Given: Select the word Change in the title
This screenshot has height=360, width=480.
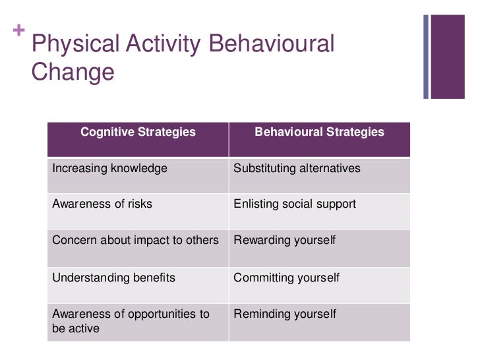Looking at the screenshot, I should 73,72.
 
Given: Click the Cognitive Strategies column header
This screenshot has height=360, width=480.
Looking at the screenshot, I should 138,132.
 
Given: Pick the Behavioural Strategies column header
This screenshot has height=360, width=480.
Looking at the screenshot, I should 319,132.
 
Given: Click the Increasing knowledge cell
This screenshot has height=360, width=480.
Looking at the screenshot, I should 109,168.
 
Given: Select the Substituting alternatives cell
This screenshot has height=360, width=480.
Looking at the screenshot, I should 297,168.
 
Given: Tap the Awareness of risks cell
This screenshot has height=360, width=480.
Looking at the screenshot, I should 102,204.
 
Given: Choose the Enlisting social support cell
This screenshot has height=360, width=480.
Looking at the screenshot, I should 295,204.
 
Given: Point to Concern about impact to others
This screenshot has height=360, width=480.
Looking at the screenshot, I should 135,240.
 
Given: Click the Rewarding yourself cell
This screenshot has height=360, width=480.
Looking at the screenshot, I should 284,240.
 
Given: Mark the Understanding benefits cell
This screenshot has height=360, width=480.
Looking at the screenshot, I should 113,278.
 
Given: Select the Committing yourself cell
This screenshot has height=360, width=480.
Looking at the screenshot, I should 286,278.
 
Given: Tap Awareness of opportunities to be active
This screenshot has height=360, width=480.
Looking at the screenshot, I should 131,321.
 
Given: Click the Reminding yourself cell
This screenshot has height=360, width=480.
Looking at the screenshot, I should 284,314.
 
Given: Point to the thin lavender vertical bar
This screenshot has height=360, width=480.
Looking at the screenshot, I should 426,56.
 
